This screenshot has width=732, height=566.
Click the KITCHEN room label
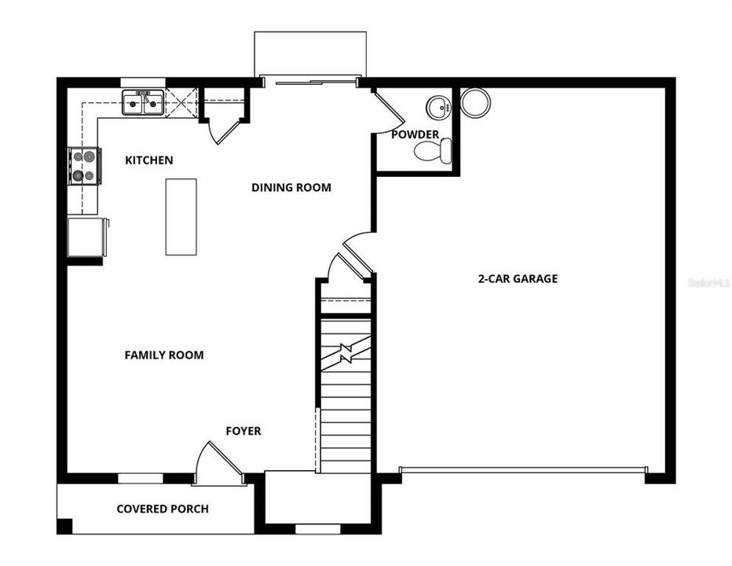(149, 160)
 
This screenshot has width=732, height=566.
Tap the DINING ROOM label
(291, 188)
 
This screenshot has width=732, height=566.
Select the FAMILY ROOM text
(164, 355)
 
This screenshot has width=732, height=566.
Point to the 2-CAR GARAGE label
(518, 278)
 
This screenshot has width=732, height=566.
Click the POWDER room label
(415, 134)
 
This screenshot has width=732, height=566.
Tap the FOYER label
(243, 432)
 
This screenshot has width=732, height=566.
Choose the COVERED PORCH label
(163, 509)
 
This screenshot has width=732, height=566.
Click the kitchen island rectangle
(181, 216)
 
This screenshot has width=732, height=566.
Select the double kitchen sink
(143, 103)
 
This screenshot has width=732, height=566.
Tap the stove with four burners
(85, 166)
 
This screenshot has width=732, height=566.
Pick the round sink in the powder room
(436, 105)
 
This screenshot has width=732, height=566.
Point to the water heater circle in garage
(474, 102)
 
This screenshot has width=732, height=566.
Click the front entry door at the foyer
(219, 465)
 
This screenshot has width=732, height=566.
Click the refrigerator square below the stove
(86, 237)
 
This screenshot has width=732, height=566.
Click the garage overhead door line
(522, 470)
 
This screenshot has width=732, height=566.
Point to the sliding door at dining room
(310, 81)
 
